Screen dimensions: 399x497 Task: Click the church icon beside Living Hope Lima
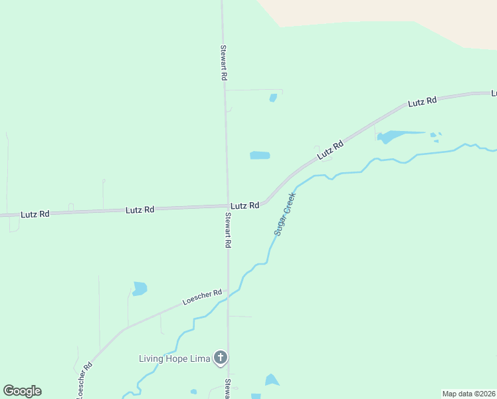point(221,358)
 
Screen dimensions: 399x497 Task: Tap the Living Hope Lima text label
point(174,358)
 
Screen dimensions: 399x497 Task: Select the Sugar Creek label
point(284,214)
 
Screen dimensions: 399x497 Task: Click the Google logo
point(22,390)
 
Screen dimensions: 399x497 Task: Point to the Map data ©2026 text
point(468,394)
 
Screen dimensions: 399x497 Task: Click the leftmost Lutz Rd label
point(35,214)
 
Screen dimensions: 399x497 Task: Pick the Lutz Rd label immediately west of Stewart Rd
point(140,209)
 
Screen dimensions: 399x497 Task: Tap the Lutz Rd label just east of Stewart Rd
point(245,206)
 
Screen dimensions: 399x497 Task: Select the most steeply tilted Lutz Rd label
point(330,150)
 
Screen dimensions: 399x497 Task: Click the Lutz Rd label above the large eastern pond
point(423,102)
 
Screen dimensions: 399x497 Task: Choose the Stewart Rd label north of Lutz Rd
point(224,63)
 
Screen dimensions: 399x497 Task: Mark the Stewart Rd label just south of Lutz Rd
point(227,231)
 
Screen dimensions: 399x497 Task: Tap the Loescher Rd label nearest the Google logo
point(84,380)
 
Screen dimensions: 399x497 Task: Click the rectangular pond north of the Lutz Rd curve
point(260,156)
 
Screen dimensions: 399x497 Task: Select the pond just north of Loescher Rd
point(139,289)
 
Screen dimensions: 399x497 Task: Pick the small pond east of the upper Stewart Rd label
point(273,98)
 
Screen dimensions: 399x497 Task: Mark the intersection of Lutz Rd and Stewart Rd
point(226,206)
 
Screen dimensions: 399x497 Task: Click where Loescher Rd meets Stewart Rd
point(228,290)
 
